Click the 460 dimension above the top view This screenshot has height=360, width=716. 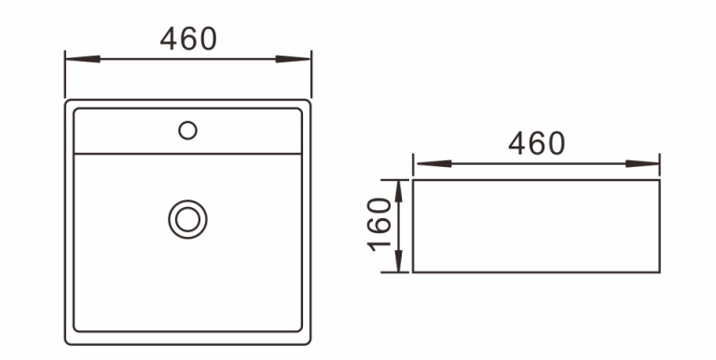click(x=188, y=39)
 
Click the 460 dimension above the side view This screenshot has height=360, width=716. click(x=537, y=144)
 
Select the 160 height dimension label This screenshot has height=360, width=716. click(x=379, y=225)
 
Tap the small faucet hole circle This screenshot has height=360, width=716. click(x=187, y=131)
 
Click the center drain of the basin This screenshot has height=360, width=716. click(x=187, y=219)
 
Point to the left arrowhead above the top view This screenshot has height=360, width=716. click(x=83, y=59)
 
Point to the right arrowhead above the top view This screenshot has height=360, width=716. click(x=293, y=59)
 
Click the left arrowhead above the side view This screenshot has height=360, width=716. click(x=434, y=163)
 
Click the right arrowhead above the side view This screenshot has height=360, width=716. click(x=642, y=163)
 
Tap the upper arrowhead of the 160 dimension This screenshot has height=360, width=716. click(x=399, y=191)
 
